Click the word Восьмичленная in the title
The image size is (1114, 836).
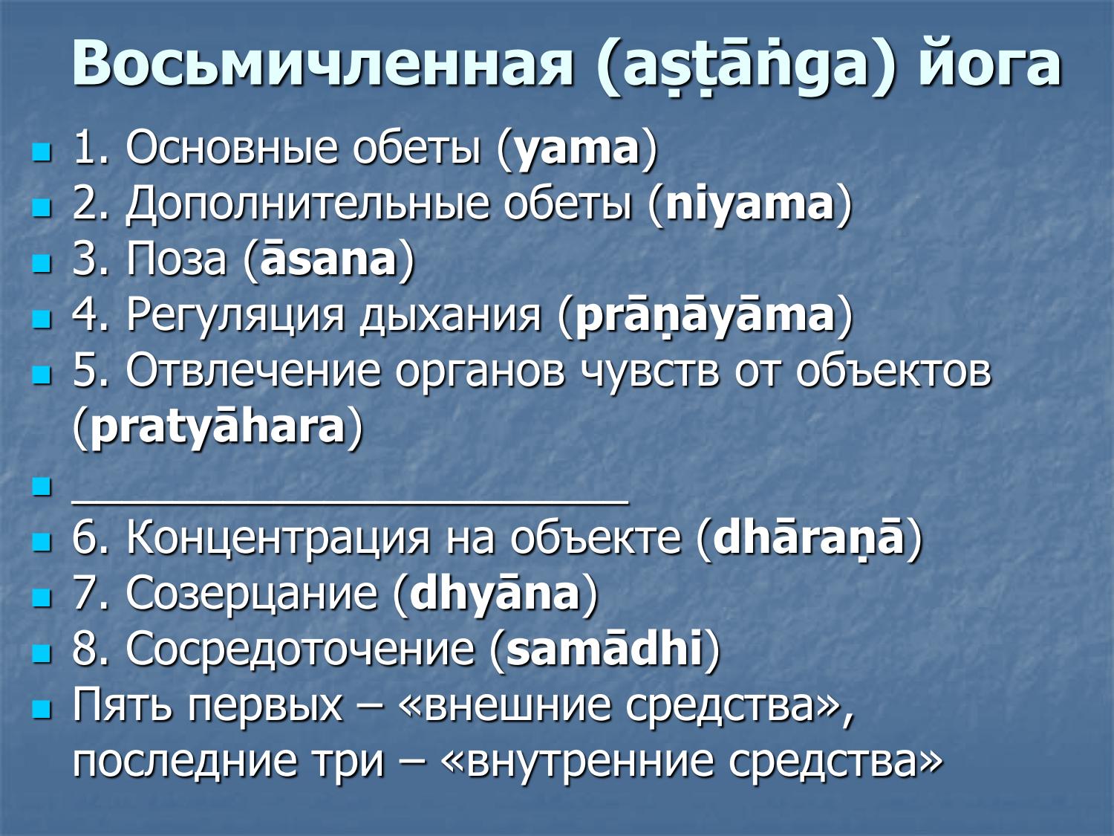[323, 63]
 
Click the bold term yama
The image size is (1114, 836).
[577, 149]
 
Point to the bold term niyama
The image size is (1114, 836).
[750, 205]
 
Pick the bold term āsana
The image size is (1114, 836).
[329, 260]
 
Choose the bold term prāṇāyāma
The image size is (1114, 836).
[706, 316]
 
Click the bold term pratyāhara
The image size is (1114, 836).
[218, 428]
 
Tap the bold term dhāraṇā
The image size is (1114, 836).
[809, 538]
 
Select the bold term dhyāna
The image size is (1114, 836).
[495, 594]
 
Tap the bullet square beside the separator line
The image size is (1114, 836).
[42, 487]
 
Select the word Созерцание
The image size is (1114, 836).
[252, 594]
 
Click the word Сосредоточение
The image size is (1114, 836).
[300, 649]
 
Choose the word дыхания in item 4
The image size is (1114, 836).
[451, 317]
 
